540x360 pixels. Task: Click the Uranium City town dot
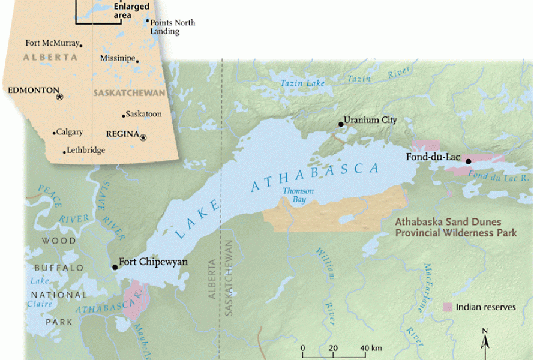tap(341, 124)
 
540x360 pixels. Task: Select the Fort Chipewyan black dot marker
tap(115, 267)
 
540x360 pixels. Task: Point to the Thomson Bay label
tap(298, 195)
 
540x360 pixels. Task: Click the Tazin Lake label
tap(302, 83)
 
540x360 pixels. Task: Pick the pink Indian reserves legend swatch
tap(448, 307)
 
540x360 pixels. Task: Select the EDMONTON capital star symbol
tap(59, 97)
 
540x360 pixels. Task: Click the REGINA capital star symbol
tap(143, 137)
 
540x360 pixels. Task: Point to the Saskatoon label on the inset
tap(144, 114)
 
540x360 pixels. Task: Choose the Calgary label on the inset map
tap(70, 132)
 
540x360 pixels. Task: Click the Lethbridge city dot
tap(65, 152)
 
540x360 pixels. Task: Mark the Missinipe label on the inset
tap(117, 60)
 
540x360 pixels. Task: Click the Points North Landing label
tap(173, 27)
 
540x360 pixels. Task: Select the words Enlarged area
tap(131, 11)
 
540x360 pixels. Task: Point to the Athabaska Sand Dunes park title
tap(455, 227)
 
